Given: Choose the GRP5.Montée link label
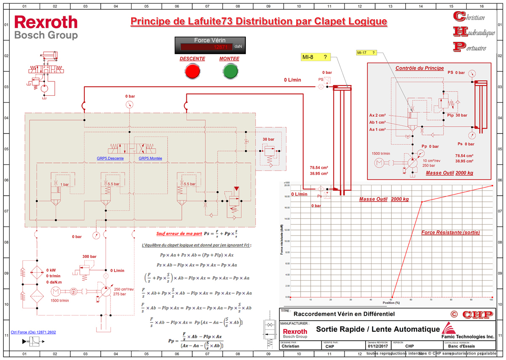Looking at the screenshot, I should (151, 159).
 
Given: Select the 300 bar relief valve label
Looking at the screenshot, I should (89, 257).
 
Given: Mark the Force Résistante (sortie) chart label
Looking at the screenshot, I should (451, 233).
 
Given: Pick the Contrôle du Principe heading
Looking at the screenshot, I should (419, 68).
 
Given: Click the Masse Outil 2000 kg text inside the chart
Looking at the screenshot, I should (384, 199).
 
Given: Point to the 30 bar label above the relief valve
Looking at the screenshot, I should (268, 139).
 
